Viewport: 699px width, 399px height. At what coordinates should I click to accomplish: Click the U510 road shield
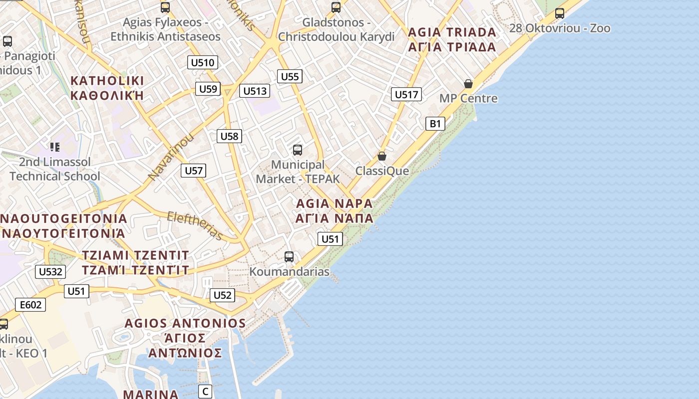tap(203, 62)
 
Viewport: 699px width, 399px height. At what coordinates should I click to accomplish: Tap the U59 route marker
tap(208, 89)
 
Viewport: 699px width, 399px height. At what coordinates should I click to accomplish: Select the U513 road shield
tap(255, 91)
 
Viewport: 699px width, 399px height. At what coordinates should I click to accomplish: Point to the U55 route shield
tap(290, 76)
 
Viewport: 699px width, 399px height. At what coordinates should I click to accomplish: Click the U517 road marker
tap(406, 94)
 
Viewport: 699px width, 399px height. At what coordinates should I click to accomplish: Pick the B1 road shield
tap(435, 124)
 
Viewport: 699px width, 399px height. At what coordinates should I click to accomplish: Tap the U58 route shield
tap(230, 136)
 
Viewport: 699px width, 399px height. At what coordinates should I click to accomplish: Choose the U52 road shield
tap(222, 295)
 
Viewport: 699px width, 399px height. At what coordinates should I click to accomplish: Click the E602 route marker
tap(30, 305)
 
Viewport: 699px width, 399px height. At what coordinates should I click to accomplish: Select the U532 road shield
tap(50, 272)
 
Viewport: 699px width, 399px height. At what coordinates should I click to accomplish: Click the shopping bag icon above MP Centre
tap(468, 84)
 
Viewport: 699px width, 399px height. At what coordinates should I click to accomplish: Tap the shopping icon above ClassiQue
tap(382, 157)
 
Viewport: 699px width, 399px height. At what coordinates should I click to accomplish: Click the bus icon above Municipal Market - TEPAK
tap(298, 150)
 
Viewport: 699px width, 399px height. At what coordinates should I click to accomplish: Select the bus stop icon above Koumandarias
tap(289, 257)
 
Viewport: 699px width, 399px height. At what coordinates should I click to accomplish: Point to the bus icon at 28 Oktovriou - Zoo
tap(560, 13)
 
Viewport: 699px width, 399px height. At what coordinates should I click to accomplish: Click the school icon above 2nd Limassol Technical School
tap(55, 147)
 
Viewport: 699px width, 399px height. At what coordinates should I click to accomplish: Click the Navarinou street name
tap(171, 157)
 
